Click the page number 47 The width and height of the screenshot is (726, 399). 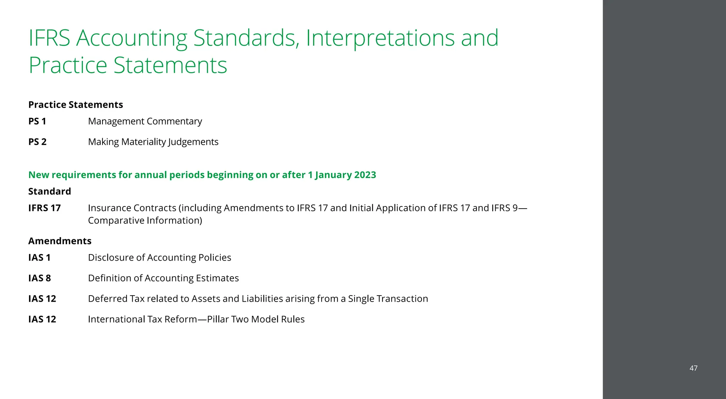[693, 368]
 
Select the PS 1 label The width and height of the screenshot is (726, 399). [37, 121]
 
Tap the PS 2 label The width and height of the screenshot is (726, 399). [37, 142]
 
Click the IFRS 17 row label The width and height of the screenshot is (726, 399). [44, 208]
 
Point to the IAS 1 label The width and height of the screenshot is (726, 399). [39, 257]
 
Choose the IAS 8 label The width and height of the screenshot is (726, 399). [39, 278]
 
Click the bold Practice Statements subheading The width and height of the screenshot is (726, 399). [76, 105]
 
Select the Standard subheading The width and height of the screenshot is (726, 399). [50, 192]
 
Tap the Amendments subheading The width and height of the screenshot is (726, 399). [60, 241]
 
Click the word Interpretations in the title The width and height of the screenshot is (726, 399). [380, 38]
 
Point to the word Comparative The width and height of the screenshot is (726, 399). [116, 221]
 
